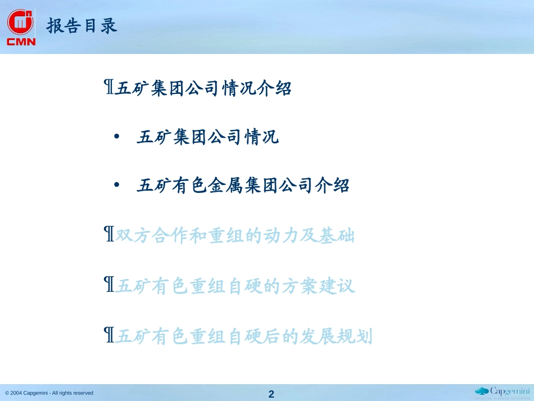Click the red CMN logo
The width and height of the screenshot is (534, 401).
tap(21, 27)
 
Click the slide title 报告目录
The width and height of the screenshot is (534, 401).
tap(82, 26)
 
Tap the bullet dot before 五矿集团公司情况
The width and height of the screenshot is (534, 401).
tap(117, 137)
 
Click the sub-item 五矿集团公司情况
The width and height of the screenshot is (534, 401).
tap(208, 137)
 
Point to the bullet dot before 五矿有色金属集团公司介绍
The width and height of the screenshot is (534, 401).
tap(117, 185)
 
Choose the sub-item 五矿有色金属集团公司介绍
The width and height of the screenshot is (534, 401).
tap(243, 186)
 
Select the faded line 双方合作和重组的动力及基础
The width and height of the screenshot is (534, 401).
tap(235, 235)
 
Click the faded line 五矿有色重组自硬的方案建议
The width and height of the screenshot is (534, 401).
tap(235, 286)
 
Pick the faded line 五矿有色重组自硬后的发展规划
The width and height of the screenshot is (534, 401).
tap(243, 336)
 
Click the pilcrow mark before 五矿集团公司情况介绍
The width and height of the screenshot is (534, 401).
tap(109, 87)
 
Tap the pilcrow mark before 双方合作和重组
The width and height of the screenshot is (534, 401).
tap(109, 234)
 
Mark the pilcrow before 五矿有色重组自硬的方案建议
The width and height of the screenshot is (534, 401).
tap(109, 284)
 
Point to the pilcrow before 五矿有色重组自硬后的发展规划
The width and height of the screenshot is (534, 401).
tap(109, 335)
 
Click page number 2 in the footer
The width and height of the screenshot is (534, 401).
tap(271, 394)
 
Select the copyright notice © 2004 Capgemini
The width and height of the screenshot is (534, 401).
tap(49, 393)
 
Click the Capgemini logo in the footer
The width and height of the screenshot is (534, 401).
tap(503, 393)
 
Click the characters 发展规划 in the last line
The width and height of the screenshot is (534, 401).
tap(336, 336)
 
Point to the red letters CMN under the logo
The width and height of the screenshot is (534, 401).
tap(21, 42)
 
